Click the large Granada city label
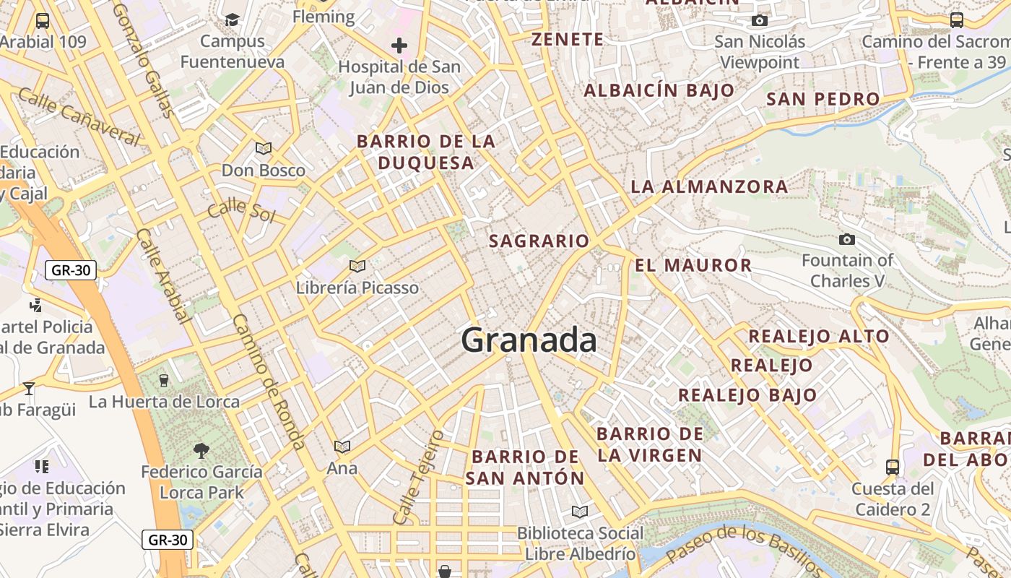click(529, 340)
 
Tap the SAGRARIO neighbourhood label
click(539, 241)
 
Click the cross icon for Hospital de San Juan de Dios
click(399, 46)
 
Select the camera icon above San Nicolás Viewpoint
click(759, 20)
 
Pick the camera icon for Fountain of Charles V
click(847, 239)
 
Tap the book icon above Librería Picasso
click(357, 266)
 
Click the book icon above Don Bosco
click(264, 148)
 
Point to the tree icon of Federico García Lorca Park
click(201, 451)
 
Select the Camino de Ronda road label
click(269, 382)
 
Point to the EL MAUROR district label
click(693, 265)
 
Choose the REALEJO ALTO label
click(819, 336)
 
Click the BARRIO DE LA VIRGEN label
click(650, 444)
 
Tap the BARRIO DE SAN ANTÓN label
click(525, 467)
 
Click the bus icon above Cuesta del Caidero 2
click(893, 467)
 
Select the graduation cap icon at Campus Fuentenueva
click(232, 20)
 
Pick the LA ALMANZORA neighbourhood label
click(709, 186)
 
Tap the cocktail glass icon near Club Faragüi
click(29, 389)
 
